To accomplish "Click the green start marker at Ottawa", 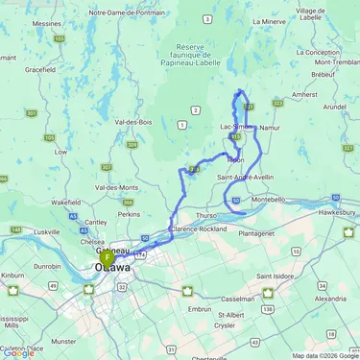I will [x=107, y=258].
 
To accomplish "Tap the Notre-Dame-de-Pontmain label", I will [x=125, y=12].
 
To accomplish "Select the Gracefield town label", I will [x=39, y=69].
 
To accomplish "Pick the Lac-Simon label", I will [x=237, y=127].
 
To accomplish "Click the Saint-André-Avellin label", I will [x=246, y=177].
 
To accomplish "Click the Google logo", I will [x=18, y=352].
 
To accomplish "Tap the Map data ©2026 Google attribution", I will [x=324, y=355].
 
